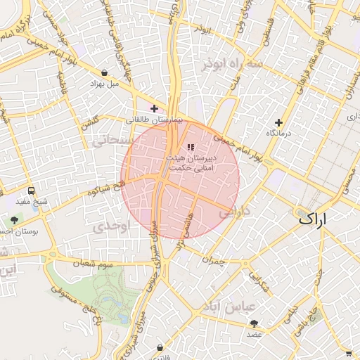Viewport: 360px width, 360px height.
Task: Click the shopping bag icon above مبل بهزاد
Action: (x=105, y=72)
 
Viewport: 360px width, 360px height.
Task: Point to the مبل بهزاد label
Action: (x=105, y=84)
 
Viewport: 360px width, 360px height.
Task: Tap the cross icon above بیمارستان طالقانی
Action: (x=155, y=108)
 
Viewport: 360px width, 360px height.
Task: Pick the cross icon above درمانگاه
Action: (x=279, y=122)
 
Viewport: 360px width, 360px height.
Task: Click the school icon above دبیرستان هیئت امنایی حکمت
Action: (x=190, y=147)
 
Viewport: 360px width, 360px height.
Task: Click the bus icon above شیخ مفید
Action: (x=31, y=191)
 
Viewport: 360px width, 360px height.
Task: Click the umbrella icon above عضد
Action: (x=253, y=323)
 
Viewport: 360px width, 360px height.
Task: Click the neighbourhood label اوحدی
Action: (x=110, y=227)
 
